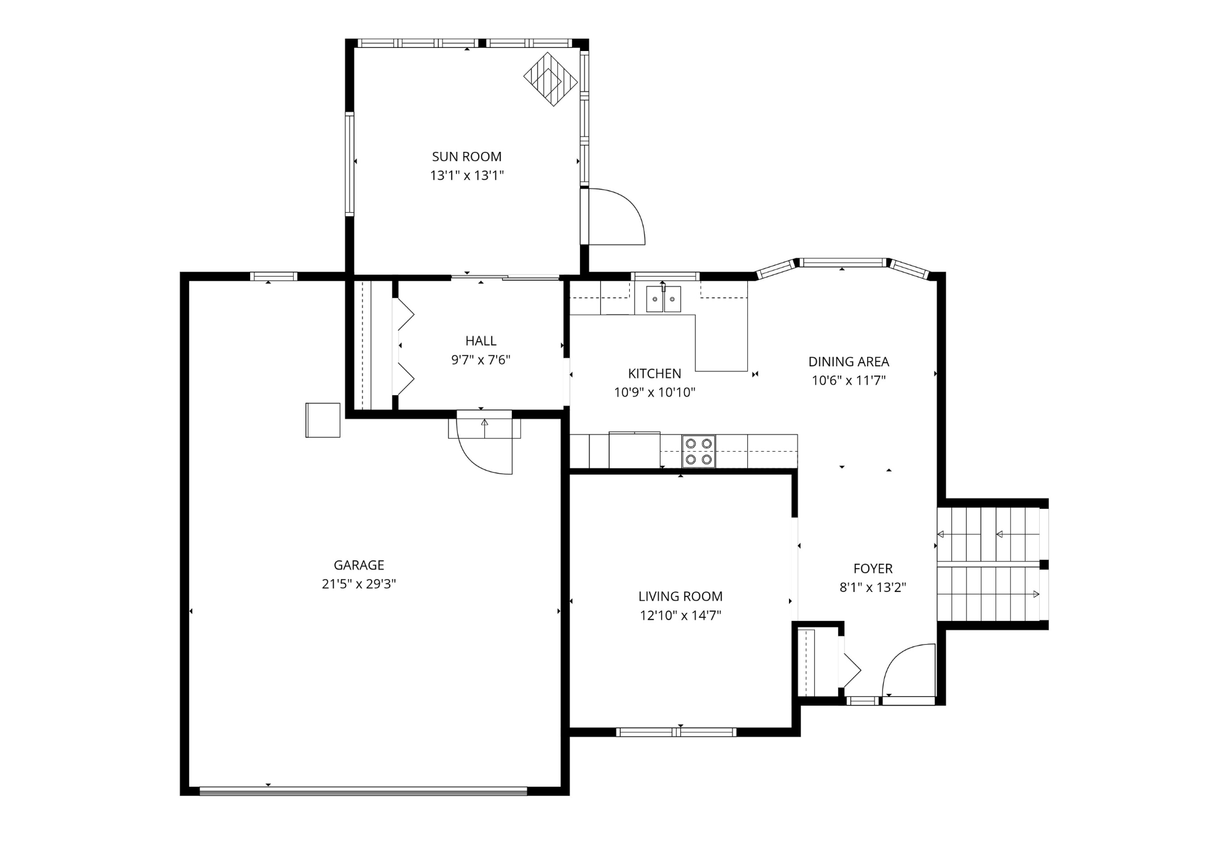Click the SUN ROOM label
coord(466,157)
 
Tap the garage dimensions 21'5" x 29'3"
coord(358,584)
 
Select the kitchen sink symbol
coord(663,299)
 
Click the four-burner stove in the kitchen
coord(699,452)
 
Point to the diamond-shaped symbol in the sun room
coord(551,79)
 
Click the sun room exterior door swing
coord(614,216)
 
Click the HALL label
coord(481,341)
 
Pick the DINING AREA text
coord(848,362)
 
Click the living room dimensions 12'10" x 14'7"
coord(680,615)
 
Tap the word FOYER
coord(873,569)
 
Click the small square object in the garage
coord(323,420)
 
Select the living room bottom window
coord(676,731)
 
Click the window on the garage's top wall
coord(273,277)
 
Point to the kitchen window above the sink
coord(666,276)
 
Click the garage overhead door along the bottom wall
coord(363,790)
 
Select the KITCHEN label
coord(654,374)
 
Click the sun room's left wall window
coord(350,164)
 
